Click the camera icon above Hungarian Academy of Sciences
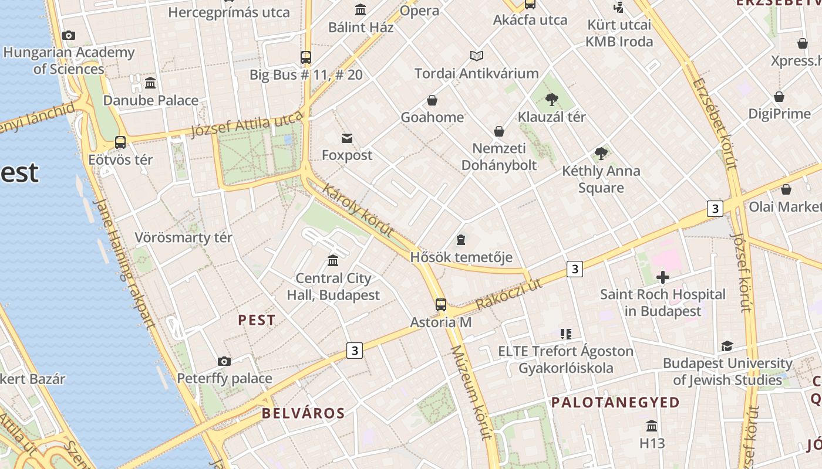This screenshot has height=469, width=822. click(69, 35)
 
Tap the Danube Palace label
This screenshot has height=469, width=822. click(151, 100)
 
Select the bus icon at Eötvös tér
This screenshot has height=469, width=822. click(120, 142)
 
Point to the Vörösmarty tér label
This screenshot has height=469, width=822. click(183, 237)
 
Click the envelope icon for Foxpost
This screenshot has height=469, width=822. click(347, 138)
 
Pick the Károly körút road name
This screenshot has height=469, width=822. click(358, 211)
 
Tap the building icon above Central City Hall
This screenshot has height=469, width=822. click(333, 260)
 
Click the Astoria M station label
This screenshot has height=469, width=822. click(440, 322)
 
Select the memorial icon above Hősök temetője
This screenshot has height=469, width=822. click(461, 240)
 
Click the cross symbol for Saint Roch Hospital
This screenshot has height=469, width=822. click(663, 277)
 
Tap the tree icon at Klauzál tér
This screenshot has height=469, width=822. click(551, 99)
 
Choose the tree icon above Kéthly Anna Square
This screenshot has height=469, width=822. click(601, 154)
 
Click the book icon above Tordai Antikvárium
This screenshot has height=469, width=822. click(477, 56)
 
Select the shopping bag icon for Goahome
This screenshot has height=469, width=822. click(432, 100)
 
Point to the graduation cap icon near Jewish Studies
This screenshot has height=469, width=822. click(727, 346)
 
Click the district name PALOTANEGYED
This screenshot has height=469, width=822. click(615, 403)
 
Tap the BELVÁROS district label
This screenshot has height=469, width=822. click(303, 413)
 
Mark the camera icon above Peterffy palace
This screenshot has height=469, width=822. click(224, 361)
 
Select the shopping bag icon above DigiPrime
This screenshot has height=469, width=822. click(779, 97)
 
